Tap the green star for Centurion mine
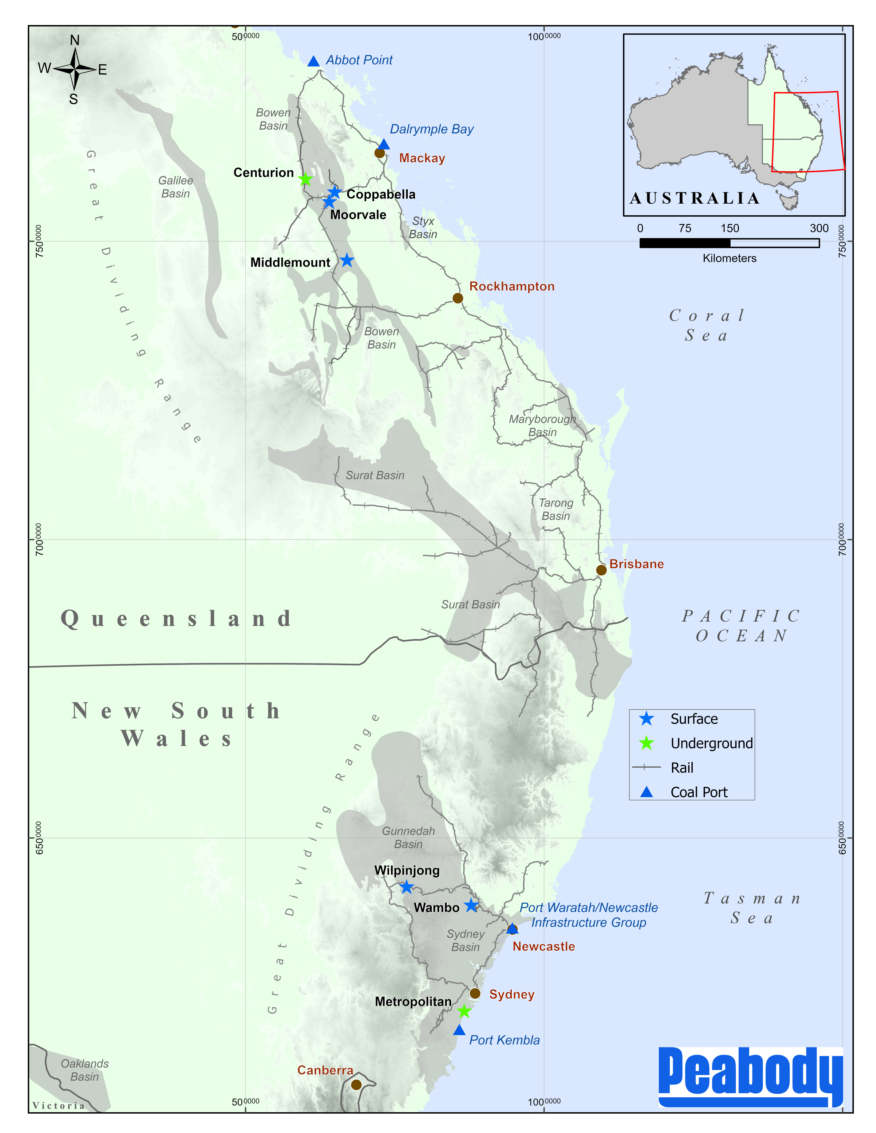click(x=305, y=180)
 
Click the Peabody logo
click(x=750, y=1077)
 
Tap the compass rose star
click(x=75, y=68)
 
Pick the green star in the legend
click(x=646, y=743)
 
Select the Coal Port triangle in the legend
click(x=646, y=792)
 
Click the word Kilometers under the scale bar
click(x=729, y=258)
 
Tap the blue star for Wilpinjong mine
click(x=407, y=887)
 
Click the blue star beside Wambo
click(x=471, y=906)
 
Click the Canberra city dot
click(x=356, y=1085)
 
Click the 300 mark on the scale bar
click(x=819, y=228)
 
